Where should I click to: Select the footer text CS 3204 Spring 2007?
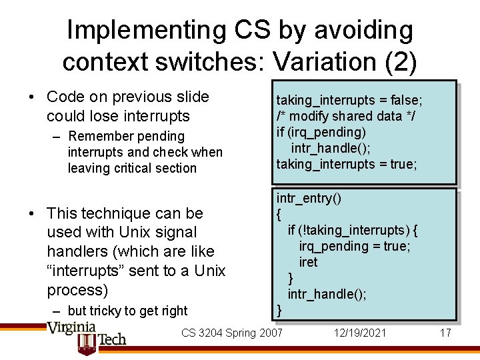(232, 332)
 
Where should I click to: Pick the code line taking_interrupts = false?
(349, 100)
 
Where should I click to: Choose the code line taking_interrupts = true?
(347, 164)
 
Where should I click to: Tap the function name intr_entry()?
(309, 198)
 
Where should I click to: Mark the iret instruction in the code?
(308, 262)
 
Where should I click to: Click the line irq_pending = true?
(354, 246)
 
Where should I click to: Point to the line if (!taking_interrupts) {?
(353, 230)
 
